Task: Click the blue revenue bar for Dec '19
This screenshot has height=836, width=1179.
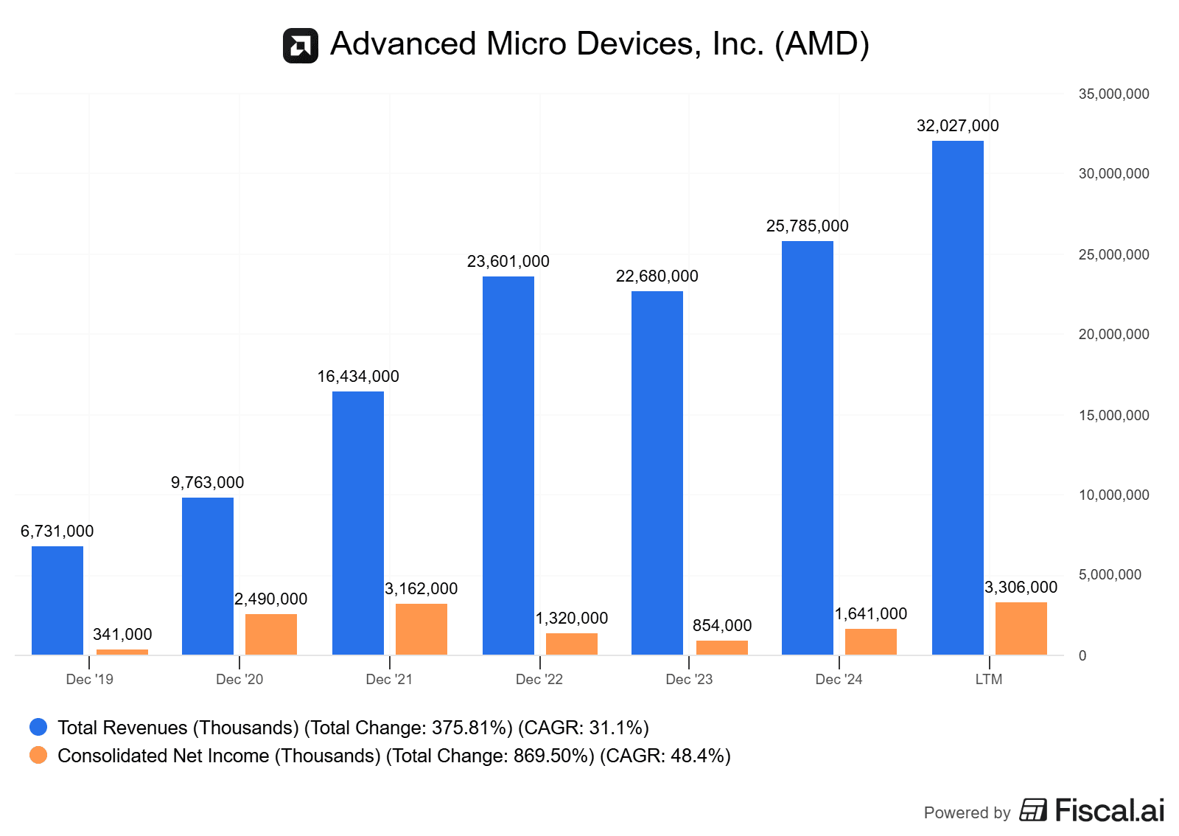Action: (x=57, y=600)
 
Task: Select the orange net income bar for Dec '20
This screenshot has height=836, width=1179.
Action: (x=271, y=634)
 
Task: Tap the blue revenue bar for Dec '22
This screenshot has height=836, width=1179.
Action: (x=508, y=465)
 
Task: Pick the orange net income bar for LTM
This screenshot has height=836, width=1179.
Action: (x=1021, y=628)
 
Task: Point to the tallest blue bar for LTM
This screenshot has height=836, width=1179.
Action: (x=957, y=397)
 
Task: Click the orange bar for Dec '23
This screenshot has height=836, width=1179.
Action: (x=722, y=647)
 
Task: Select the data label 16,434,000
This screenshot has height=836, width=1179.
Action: (x=358, y=377)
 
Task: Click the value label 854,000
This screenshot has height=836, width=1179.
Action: (x=722, y=626)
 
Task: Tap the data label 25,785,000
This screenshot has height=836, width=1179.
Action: (x=807, y=226)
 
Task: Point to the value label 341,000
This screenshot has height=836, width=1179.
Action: (x=122, y=635)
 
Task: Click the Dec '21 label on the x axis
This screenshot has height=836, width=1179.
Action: (x=389, y=679)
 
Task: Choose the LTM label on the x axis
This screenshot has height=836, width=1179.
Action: (x=988, y=679)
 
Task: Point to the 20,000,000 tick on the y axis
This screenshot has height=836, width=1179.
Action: (x=1113, y=335)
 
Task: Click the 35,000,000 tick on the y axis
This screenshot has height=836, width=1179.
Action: (x=1113, y=94)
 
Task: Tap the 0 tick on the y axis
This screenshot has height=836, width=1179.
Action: (x=1082, y=655)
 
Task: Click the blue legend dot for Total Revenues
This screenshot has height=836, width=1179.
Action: (x=38, y=728)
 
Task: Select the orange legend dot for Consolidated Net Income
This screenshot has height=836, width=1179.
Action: (x=38, y=756)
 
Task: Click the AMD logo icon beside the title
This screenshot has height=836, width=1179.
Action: (x=301, y=46)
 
